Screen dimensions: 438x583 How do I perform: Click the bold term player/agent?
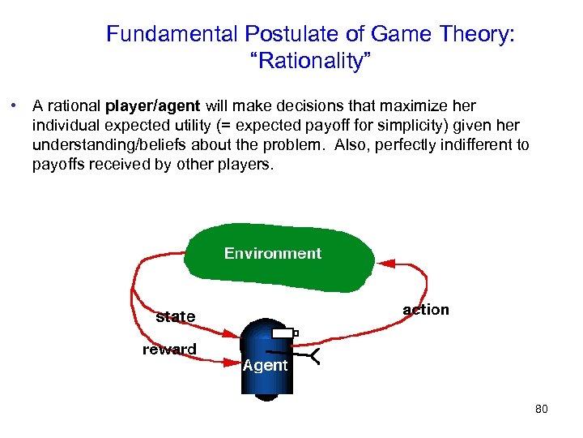(154, 106)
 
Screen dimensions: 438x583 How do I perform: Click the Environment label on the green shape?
(273, 254)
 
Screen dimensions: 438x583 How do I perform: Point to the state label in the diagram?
(176, 316)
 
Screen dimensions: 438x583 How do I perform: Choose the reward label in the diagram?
(169, 350)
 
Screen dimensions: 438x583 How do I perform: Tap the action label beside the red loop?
(426, 310)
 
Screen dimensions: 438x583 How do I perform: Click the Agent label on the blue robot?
(265, 366)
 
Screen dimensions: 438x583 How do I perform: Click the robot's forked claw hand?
(311, 355)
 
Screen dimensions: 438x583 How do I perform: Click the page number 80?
(541, 410)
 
